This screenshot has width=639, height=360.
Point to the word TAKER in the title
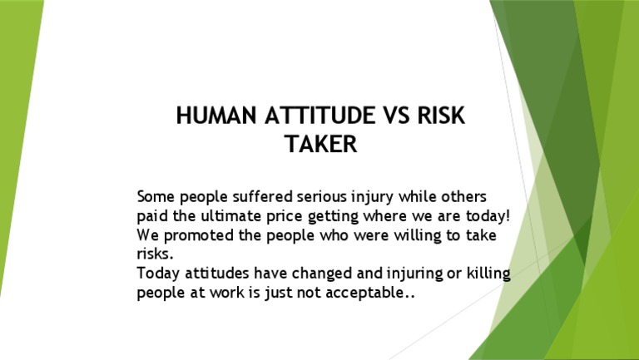click(320, 145)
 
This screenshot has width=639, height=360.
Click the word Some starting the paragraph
click(156, 197)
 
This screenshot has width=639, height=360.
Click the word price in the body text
click(284, 218)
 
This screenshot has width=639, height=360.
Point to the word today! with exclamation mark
click(486, 217)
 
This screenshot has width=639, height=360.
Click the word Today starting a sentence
click(157, 274)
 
